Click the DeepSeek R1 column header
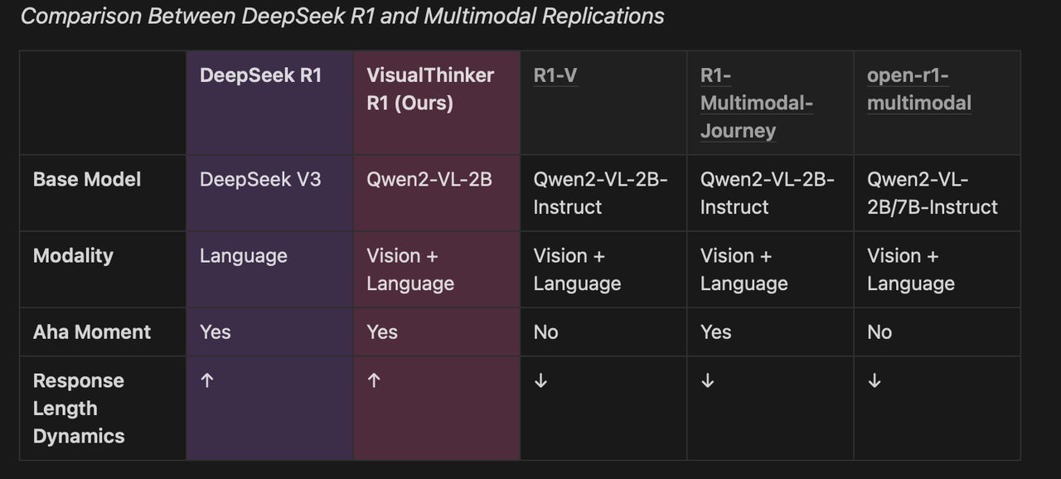(x=260, y=75)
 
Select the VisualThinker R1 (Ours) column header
(x=429, y=89)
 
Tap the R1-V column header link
(x=555, y=75)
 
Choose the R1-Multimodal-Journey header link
(x=755, y=103)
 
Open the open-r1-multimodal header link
(x=918, y=89)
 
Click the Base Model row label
(x=87, y=179)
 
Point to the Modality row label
(x=73, y=255)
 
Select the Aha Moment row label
(x=91, y=331)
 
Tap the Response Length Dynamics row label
(x=79, y=408)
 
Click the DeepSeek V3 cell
(x=259, y=179)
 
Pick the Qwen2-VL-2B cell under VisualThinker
(x=429, y=179)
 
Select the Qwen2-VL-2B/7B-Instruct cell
(x=932, y=193)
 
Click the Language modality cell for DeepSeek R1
(x=243, y=255)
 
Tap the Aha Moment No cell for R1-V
(x=545, y=331)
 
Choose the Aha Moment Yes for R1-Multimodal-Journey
(x=715, y=331)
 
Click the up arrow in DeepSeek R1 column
(x=207, y=380)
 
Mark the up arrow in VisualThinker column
(x=374, y=380)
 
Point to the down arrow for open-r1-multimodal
(x=874, y=380)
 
